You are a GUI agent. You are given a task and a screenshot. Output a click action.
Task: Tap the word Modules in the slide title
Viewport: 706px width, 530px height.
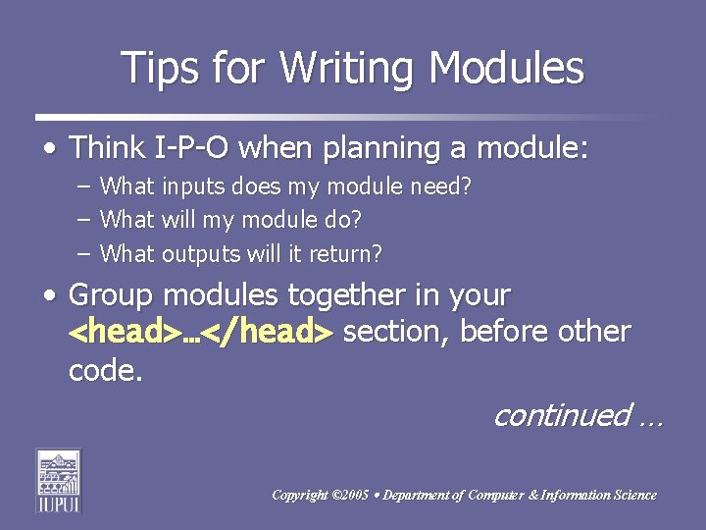click(507, 69)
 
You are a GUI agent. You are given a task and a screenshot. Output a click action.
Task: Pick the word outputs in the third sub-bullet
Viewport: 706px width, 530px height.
click(201, 254)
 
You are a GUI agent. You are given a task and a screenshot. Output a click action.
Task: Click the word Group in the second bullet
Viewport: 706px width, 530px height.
click(110, 295)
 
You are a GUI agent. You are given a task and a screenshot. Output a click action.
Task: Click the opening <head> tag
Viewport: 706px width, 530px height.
click(123, 333)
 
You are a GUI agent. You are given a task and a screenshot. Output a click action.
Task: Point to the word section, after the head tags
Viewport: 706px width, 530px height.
click(397, 332)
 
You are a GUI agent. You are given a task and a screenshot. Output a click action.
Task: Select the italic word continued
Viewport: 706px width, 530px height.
click(561, 416)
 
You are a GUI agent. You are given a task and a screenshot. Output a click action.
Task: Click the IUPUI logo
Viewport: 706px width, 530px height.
click(59, 481)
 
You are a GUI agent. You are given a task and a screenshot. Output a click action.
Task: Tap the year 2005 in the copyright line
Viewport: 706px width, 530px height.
click(351, 496)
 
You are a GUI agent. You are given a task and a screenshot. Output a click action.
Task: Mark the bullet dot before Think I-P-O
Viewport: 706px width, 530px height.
click(48, 150)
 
